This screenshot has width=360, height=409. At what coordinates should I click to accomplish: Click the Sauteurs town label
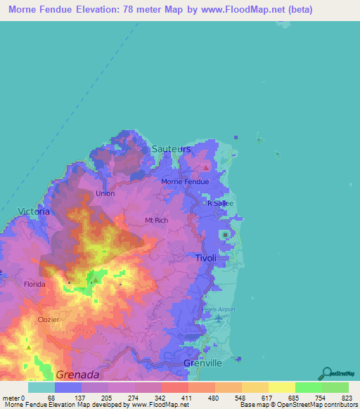172,149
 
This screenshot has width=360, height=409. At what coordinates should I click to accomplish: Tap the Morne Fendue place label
186,181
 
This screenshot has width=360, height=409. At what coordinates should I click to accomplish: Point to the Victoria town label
34,211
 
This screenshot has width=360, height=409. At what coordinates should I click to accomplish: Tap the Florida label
34,285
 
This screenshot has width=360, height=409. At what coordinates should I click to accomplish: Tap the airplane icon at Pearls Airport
219,318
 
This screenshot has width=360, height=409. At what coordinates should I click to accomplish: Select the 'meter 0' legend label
14,398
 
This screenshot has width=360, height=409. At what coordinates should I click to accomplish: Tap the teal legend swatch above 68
41,387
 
